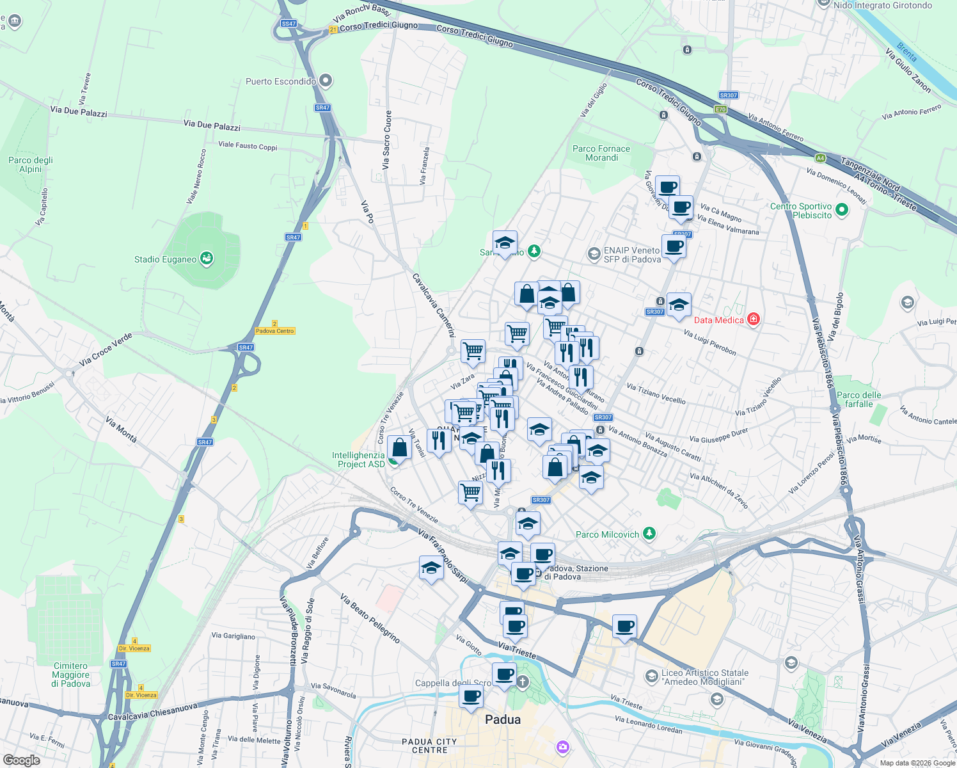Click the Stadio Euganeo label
click(x=165, y=259)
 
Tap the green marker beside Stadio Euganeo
click(x=207, y=259)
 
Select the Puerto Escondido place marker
click(x=326, y=81)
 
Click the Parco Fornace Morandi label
click(x=601, y=153)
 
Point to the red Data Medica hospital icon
click(x=754, y=319)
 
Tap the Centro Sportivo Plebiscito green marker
click(x=842, y=209)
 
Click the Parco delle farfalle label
click(x=858, y=399)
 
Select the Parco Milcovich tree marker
click(x=649, y=533)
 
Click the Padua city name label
click(x=503, y=719)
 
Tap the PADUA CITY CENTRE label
click(x=429, y=746)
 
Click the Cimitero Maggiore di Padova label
click(x=70, y=675)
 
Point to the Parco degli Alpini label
click(x=31, y=164)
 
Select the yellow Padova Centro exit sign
click(x=275, y=331)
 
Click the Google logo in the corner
click(x=21, y=760)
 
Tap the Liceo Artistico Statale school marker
click(x=651, y=676)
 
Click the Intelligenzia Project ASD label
click(x=358, y=460)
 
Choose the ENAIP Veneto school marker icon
click(x=594, y=255)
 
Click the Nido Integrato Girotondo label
click(x=883, y=5)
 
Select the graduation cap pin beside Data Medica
click(x=679, y=305)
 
